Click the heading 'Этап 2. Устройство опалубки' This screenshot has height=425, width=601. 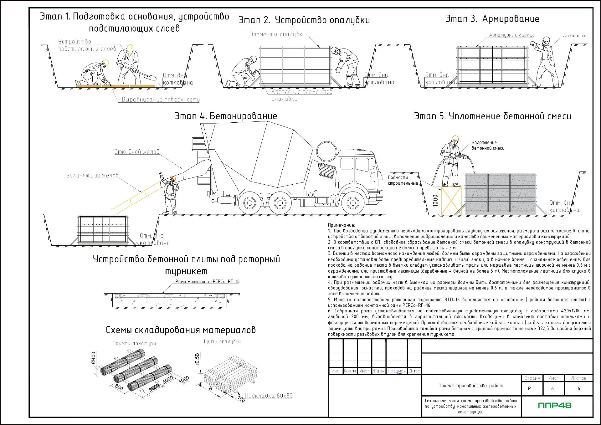coord(304,20)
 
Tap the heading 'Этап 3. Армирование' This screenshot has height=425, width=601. coord(492,19)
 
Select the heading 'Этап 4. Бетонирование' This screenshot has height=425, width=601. coord(226,116)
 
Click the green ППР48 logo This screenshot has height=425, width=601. coord(555,406)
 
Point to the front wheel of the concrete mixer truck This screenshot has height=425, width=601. coord(353,203)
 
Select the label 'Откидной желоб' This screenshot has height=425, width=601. coord(137,152)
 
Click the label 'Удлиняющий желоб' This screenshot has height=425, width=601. coord(92,176)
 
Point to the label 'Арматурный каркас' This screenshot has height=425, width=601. coord(511,35)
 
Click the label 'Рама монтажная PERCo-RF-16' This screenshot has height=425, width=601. coord(207,282)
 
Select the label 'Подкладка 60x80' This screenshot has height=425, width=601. coord(269,396)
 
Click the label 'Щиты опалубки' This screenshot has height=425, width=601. coord(222,342)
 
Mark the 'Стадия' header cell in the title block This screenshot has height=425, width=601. coord(532,378)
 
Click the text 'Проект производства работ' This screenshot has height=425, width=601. coord(470,386)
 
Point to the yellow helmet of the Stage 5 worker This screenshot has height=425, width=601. coord(455,138)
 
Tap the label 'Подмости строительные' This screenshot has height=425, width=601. coord(403,180)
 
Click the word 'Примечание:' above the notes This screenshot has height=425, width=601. coord(342,225)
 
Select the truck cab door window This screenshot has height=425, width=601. coord(362,165)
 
